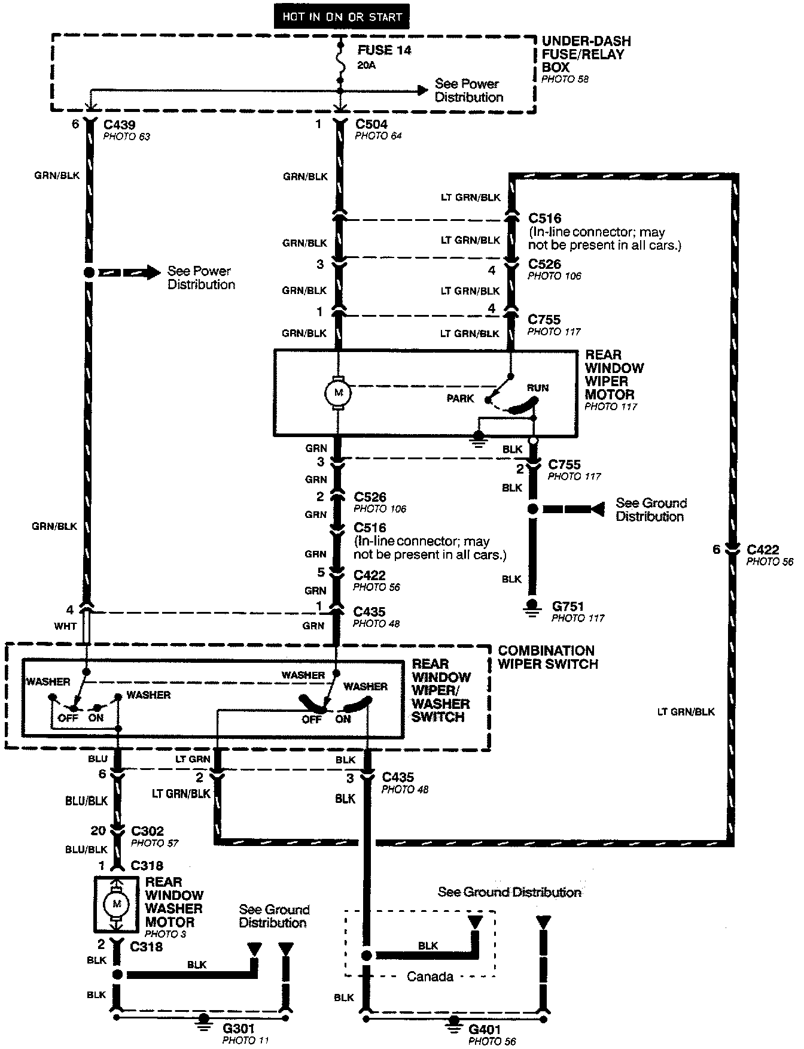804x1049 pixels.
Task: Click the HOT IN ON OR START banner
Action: (342, 17)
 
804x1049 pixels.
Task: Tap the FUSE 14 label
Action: (385, 50)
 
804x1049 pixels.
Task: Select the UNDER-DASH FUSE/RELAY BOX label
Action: (586, 54)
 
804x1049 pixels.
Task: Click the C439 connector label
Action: (119, 125)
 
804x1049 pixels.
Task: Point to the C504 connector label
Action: (371, 125)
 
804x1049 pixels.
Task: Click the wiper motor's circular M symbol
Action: (338, 393)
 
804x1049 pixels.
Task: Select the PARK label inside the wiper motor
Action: (460, 399)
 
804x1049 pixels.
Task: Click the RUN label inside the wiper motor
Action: (537, 388)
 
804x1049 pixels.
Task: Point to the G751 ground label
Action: (568, 607)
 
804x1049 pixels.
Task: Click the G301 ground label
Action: (239, 1029)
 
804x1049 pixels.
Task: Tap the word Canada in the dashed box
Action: (430, 977)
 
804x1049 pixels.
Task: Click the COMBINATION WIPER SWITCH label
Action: (547, 657)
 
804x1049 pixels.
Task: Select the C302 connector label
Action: (147, 832)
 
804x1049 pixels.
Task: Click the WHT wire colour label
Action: (65, 626)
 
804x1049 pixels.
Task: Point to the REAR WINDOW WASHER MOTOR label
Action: (174, 902)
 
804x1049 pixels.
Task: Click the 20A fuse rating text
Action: (367, 65)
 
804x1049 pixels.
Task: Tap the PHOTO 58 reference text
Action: (565, 79)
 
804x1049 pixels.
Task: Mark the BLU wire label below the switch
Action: (98, 759)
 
